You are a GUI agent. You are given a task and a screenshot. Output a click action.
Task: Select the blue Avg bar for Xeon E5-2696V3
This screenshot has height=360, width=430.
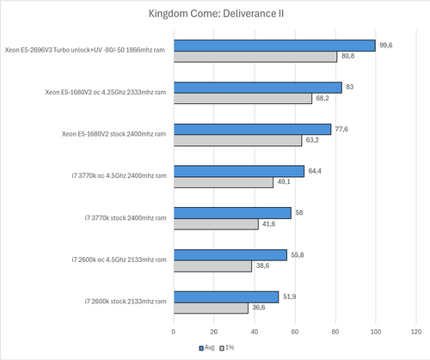point(274,46)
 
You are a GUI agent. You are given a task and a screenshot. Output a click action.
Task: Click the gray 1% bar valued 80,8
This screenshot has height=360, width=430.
point(255,57)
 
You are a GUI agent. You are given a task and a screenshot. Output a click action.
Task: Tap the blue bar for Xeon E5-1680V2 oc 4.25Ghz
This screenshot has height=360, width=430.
point(258,88)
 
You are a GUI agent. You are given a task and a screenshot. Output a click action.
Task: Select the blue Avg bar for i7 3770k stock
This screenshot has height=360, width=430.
point(232,212)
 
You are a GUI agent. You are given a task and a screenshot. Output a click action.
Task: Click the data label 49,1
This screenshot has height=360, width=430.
point(285,182)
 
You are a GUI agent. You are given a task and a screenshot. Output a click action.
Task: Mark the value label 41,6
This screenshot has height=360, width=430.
point(269,224)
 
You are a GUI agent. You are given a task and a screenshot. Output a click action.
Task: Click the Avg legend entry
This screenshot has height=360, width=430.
point(206,349)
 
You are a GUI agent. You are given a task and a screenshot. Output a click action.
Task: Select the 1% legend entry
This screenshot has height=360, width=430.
point(228,349)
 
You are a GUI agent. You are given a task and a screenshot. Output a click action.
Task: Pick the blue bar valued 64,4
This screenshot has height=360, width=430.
point(239,171)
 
